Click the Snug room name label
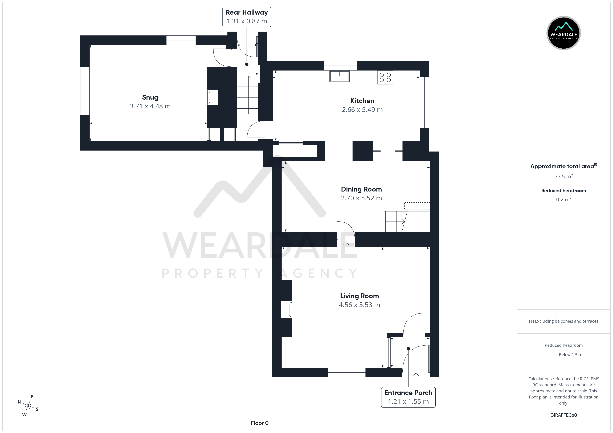[150, 97]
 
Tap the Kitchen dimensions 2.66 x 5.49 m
[362, 110]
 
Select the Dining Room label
[361, 189]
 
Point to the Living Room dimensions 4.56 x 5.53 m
[359, 305]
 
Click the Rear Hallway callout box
[247, 17]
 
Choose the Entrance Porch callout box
[408, 397]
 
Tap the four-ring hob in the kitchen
[385, 77]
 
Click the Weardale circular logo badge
[564, 33]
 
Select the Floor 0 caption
[260, 423]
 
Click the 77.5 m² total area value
[564, 176]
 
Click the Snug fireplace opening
[213, 97]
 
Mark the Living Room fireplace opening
[286, 309]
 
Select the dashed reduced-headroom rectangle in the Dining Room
[417, 206]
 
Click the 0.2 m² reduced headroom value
[564, 199]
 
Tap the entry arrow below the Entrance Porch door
[416, 375]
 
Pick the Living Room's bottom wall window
[346, 372]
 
